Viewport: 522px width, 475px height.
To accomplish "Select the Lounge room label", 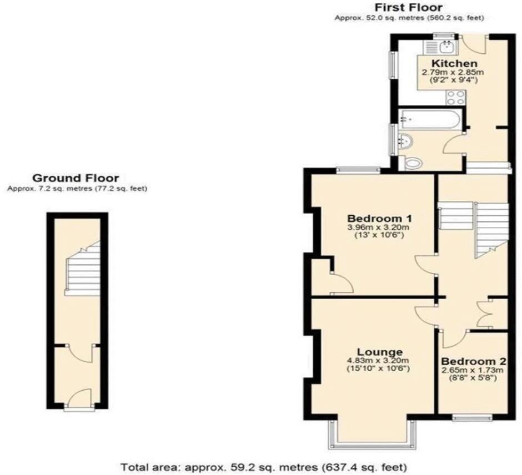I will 379,351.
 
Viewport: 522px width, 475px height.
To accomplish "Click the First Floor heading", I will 409,7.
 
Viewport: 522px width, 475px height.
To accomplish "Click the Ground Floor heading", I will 76,178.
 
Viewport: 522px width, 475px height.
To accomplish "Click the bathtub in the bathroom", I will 429,118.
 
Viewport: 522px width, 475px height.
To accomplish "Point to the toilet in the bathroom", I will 413,163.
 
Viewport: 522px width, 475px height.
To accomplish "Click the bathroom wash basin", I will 405,143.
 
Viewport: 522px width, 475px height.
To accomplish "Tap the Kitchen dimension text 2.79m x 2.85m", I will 453,72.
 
